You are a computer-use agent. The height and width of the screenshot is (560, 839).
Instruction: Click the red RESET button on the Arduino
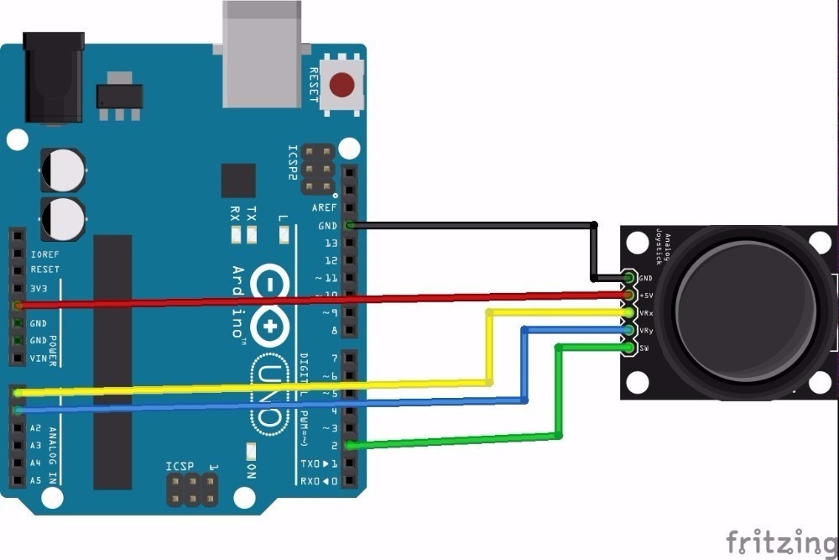pyautogui.click(x=341, y=85)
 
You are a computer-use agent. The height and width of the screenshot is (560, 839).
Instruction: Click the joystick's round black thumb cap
pyautogui.click(x=745, y=311)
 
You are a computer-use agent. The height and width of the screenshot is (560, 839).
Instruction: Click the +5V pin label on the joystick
pyautogui.click(x=646, y=296)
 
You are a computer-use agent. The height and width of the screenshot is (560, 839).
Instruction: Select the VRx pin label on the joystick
pyautogui.click(x=646, y=313)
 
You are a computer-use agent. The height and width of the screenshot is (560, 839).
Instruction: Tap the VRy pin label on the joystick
pyautogui.click(x=646, y=331)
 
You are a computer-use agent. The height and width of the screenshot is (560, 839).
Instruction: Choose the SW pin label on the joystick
pyautogui.click(x=644, y=348)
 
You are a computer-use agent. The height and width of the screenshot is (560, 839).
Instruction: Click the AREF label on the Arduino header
pyautogui.click(x=324, y=207)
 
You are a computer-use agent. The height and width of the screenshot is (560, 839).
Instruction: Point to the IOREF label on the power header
pyautogui.click(x=45, y=253)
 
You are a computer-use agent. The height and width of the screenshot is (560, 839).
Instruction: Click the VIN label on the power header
pyautogui.click(x=39, y=359)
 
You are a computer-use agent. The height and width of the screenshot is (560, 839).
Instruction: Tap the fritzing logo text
pyautogui.click(x=781, y=541)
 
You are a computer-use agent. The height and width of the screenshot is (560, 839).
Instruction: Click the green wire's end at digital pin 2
pyautogui.click(x=350, y=446)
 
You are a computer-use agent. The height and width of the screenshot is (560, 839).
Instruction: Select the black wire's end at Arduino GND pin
pyautogui.click(x=350, y=225)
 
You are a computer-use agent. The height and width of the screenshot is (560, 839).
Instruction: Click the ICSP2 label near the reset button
pyautogui.click(x=293, y=163)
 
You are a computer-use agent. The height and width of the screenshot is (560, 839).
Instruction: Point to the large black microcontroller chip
pyautogui.click(x=112, y=361)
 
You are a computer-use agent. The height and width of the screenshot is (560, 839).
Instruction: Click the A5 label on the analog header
pyautogui.click(x=35, y=481)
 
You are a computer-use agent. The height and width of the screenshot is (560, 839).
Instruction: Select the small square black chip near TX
pyautogui.click(x=238, y=181)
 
